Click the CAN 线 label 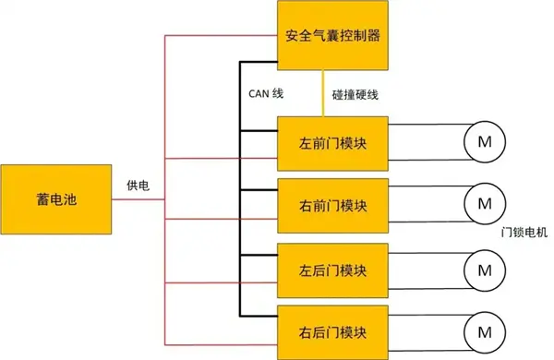click(265, 93)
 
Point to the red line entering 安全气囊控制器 click(222, 37)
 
